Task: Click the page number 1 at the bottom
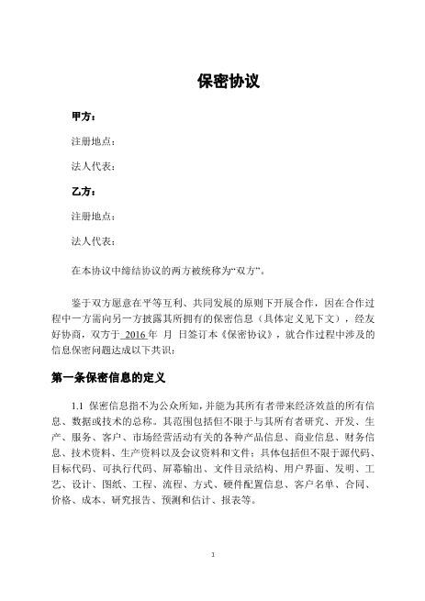pos(212,553)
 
